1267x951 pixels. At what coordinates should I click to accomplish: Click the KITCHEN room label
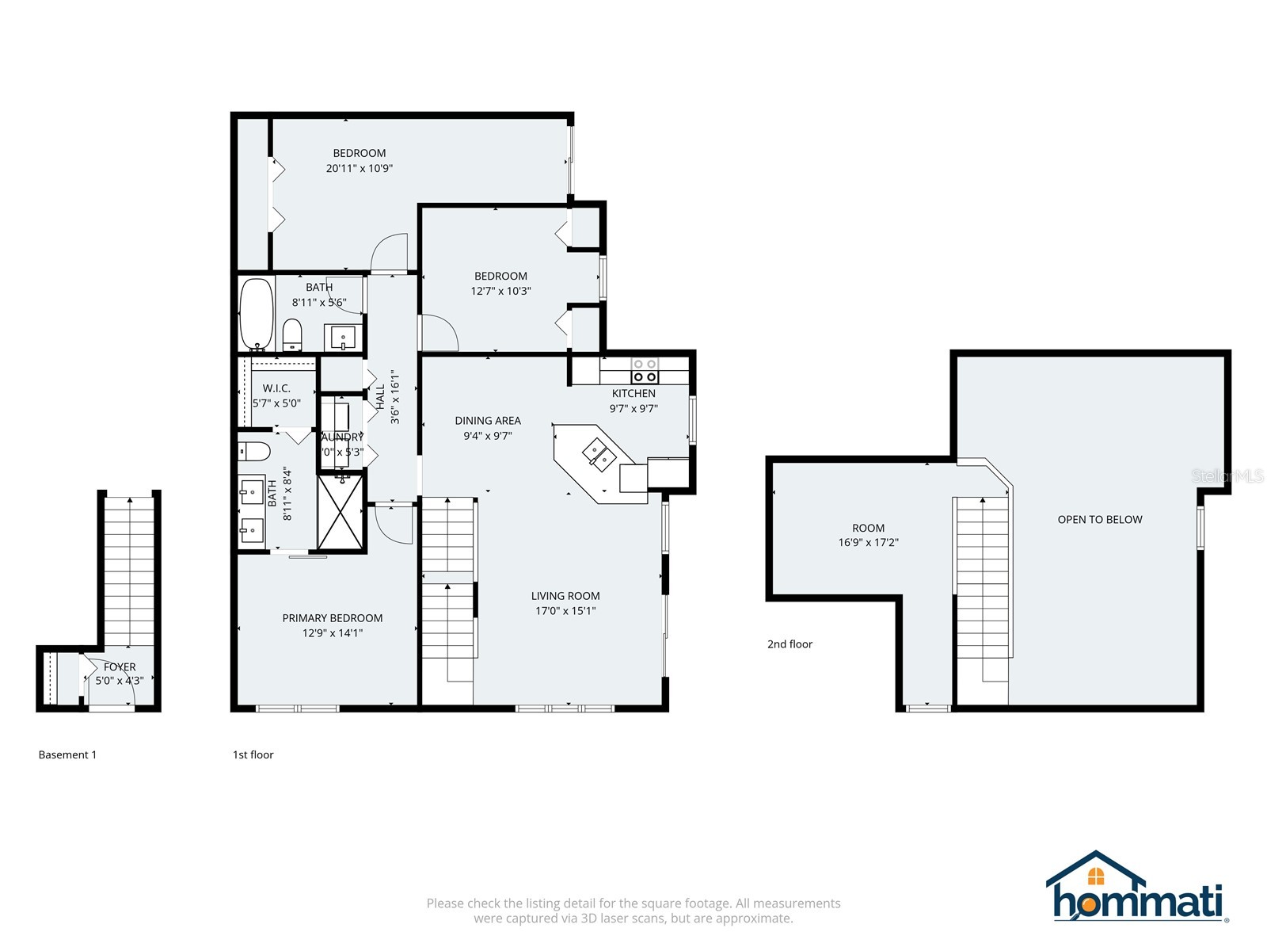point(633,393)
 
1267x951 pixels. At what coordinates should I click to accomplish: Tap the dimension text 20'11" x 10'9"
point(359,168)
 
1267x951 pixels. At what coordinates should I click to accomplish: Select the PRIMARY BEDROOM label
point(333,618)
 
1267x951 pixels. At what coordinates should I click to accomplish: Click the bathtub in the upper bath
point(256,314)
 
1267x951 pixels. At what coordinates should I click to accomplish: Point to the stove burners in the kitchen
point(645,370)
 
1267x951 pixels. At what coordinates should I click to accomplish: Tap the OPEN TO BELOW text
point(1099,520)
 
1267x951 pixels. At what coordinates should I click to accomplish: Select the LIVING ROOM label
point(565,596)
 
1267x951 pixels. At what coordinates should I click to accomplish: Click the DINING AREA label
point(488,421)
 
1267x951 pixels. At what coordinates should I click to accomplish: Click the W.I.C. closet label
point(276,388)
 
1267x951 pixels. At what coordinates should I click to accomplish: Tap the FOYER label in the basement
point(120,667)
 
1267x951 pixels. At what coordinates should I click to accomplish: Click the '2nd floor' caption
point(789,644)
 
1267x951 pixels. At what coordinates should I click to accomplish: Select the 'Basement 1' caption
point(67,755)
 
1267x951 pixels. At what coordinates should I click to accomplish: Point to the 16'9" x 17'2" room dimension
point(868,543)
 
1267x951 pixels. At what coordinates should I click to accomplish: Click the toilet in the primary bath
point(254,451)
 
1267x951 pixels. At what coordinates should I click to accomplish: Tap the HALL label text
point(380,396)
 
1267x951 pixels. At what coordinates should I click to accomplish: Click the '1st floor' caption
point(253,755)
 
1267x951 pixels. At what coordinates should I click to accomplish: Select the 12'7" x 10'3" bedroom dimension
point(500,291)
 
